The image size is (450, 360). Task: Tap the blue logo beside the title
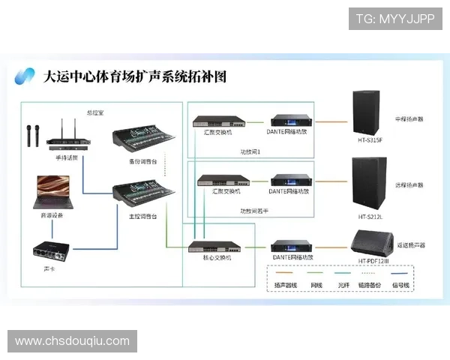pos(26,76)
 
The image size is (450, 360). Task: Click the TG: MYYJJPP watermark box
pos(395,19)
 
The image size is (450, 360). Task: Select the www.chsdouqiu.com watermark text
pos(72,341)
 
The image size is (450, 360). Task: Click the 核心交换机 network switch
pos(213,246)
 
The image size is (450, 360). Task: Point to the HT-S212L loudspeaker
pos(370,181)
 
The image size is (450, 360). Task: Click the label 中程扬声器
pos(409,119)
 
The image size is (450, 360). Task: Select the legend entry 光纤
pos(344,286)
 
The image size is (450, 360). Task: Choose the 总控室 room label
pos(95,112)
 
